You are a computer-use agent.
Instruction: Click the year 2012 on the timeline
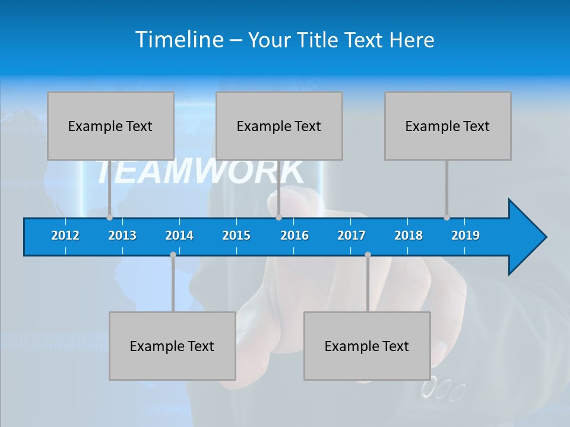[x=65, y=235]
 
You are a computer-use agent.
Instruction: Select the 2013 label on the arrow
[x=122, y=235]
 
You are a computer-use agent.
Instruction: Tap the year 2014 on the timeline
[x=179, y=235]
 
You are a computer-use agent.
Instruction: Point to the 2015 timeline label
[x=236, y=235]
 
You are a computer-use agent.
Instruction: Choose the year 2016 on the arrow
[x=294, y=235]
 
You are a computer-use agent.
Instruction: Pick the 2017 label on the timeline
[x=351, y=235]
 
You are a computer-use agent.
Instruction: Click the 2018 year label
[x=408, y=235]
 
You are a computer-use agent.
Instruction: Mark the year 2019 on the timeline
[x=465, y=235]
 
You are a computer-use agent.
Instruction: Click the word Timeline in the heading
[x=178, y=40]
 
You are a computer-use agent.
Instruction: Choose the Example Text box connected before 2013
[x=110, y=126]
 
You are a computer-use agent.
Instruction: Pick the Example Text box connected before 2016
[x=279, y=126]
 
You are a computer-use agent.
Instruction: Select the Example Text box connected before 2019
[x=448, y=126]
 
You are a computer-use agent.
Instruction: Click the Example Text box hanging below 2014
[x=172, y=346]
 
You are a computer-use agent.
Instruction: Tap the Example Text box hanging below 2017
[x=367, y=346]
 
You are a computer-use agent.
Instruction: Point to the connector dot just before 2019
[x=447, y=217]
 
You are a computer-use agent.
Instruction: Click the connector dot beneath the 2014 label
[x=173, y=255]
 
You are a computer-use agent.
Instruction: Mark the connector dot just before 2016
[x=278, y=217]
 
